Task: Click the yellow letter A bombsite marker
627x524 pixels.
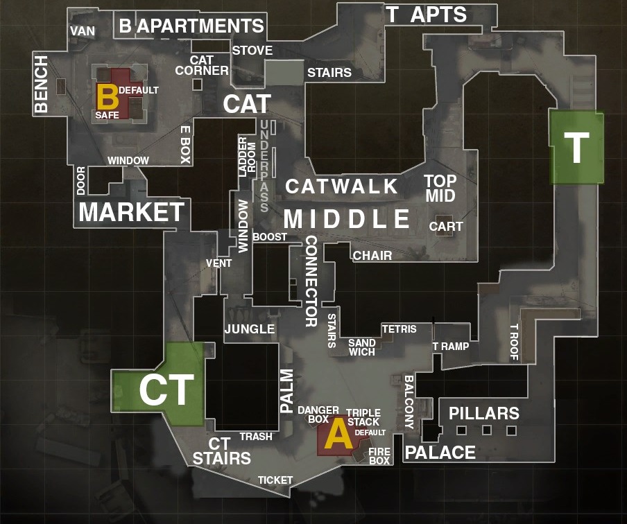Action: [x=338, y=433]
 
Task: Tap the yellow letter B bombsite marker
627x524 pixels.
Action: [x=108, y=96]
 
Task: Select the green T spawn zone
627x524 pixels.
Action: [x=576, y=148]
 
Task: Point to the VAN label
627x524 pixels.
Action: [x=83, y=31]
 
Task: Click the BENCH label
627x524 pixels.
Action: [x=41, y=84]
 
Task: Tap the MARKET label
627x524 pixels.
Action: [x=132, y=212]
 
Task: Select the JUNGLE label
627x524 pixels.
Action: [x=250, y=329]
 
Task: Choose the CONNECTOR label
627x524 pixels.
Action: [x=311, y=281]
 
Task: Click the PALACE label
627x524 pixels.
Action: [x=440, y=453]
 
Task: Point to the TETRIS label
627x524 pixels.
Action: [x=399, y=329]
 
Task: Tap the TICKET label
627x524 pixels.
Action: [x=275, y=480]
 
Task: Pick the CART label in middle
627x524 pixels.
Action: [x=446, y=227]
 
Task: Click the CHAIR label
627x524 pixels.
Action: [x=372, y=255]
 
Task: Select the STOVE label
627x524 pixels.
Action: [x=252, y=51]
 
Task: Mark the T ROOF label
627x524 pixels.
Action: [x=514, y=342]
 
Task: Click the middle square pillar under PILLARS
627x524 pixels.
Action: [x=487, y=430]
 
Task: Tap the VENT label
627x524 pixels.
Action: [x=218, y=263]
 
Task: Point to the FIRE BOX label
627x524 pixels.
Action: [x=379, y=456]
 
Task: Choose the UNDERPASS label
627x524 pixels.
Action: [x=264, y=166]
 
